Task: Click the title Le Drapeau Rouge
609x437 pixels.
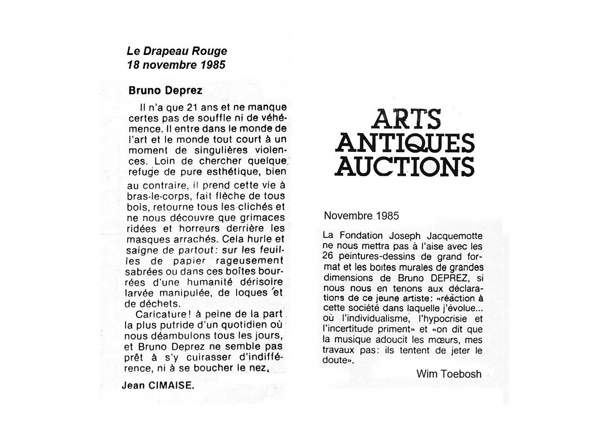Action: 177,51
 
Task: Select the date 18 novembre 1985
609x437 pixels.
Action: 176,65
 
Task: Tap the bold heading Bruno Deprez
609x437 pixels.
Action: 165,91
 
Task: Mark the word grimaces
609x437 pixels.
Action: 262,218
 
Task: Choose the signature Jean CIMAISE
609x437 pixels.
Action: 158,386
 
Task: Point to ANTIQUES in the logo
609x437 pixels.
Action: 405,143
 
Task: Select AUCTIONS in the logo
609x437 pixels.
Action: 405,166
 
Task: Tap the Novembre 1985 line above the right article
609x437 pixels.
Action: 361,216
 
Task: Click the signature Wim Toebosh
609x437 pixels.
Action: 449,374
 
